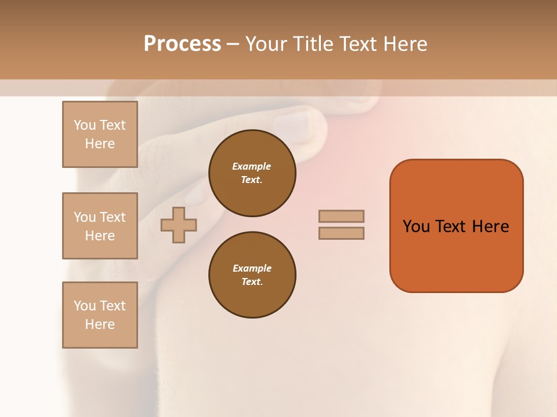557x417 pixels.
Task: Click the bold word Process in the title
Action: point(182,44)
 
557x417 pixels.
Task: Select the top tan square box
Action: point(100,134)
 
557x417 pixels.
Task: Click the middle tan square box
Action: point(100,226)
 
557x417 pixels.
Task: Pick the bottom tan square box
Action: point(100,315)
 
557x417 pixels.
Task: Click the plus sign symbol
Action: point(179,225)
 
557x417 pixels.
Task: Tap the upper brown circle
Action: point(252,173)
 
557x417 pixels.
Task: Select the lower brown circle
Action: point(252,275)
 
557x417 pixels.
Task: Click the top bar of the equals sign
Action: point(341,216)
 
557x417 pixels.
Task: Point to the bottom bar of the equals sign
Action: point(341,233)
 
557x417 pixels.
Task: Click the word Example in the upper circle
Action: point(252,166)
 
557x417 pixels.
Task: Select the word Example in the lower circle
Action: point(252,268)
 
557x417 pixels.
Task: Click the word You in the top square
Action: point(85,125)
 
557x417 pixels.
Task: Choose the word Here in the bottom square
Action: point(100,324)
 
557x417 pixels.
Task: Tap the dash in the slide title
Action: point(233,44)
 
